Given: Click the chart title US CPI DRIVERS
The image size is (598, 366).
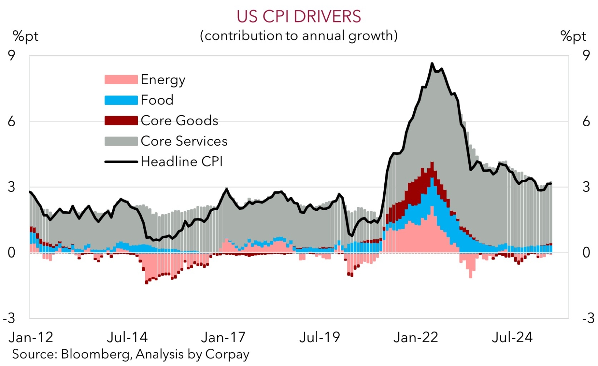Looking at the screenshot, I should (299, 17).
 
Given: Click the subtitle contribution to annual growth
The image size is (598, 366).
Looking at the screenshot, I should (299, 36).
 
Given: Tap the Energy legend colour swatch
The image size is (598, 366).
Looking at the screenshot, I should (121, 79).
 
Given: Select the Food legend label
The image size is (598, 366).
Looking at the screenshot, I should (157, 100).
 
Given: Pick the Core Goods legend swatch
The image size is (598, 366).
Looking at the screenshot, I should (121, 120).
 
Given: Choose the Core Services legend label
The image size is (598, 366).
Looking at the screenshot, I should (184, 141).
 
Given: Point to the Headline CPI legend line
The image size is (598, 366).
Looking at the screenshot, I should (121, 161).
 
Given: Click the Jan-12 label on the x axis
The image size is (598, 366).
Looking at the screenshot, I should (31, 337).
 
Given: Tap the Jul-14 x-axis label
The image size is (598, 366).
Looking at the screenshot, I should (127, 337).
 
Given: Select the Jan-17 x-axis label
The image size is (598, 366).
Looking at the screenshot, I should (223, 337).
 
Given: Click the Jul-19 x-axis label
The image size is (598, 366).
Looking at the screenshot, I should (320, 337).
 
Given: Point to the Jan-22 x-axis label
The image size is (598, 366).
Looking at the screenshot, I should (416, 337).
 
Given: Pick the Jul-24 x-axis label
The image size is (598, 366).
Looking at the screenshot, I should (512, 337).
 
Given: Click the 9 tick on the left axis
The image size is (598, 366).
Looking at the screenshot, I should (12, 56).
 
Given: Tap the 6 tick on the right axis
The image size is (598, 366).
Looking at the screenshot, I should (586, 121).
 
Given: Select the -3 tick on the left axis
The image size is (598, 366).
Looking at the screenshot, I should (10, 318).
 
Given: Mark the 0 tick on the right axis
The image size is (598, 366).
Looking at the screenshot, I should (586, 253).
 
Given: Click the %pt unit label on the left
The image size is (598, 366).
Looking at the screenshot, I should (25, 36).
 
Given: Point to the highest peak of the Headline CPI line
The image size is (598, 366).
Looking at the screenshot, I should (432, 63).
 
